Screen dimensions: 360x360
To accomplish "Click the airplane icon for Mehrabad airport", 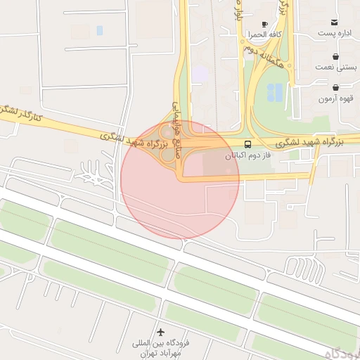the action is pyautogui.click(x=161, y=331).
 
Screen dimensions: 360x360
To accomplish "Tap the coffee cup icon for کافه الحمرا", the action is pyautogui.click(x=265, y=23).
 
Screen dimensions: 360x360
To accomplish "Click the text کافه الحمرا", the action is pyautogui.click(x=265, y=34).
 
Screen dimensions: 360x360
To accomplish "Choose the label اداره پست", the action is pyautogui.click(x=334, y=33).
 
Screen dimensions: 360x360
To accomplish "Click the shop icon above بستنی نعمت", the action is pyautogui.click(x=335, y=57).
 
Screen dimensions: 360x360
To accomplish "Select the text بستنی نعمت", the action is pyautogui.click(x=335, y=67).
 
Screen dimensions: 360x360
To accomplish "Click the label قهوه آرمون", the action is pyautogui.click(x=335, y=99).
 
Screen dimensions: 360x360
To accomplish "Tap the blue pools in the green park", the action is pyautogui.click(x=275, y=91).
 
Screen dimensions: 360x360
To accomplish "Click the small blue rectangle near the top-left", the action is pyautogui.click(x=99, y=31).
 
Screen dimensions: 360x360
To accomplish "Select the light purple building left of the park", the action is pyautogui.click(x=201, y=73).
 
